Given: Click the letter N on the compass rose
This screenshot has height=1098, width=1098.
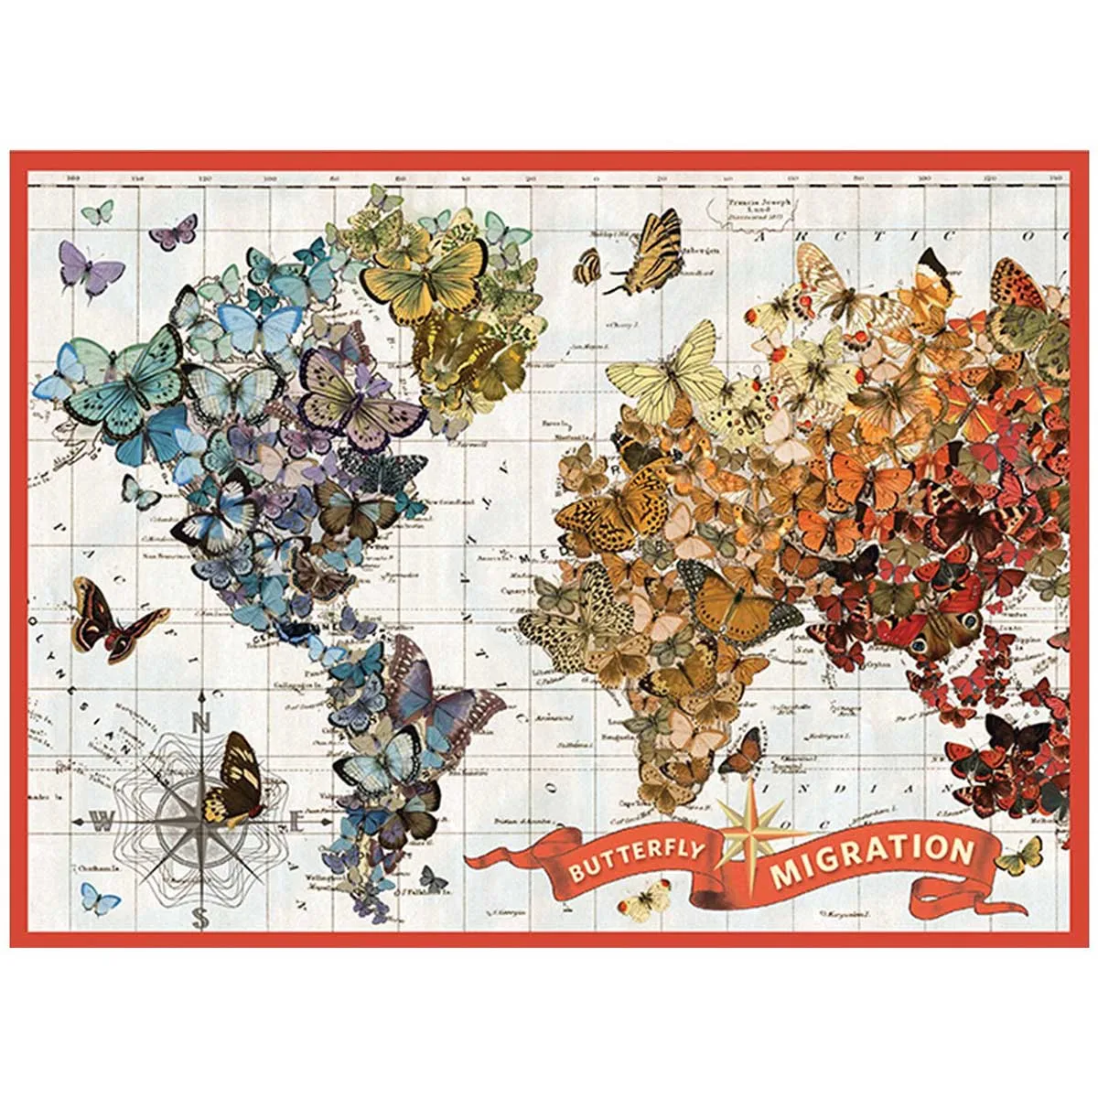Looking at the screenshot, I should tap(202, 722).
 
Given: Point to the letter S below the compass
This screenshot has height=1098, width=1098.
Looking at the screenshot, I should tap(201, 918).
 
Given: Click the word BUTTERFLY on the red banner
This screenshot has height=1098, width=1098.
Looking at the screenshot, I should tap(637, 859).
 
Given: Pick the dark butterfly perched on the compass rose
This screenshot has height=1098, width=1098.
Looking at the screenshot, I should tap(233, 780).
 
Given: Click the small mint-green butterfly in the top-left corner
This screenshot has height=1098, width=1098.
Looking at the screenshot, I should tap(97, 212).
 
